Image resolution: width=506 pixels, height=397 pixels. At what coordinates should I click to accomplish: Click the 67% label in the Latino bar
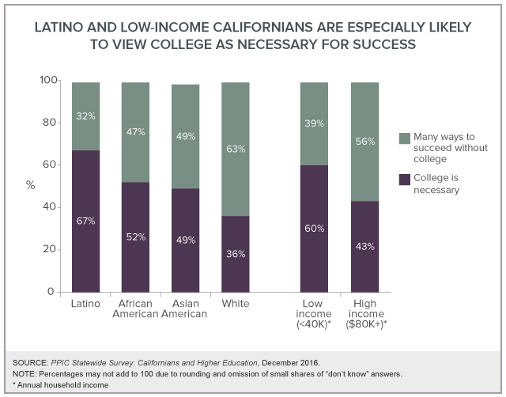point(85,221)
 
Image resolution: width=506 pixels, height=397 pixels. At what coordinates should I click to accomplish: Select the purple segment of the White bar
point(235,269)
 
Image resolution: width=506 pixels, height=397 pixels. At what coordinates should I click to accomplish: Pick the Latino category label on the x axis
point(85,303)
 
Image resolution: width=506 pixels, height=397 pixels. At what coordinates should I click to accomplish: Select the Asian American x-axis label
point(185,308)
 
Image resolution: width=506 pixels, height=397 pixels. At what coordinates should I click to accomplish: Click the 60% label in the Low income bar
point(314,229)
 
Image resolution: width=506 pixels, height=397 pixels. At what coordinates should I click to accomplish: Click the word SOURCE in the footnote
point(30,361)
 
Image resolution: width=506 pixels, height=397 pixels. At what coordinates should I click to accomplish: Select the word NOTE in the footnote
point(25,373)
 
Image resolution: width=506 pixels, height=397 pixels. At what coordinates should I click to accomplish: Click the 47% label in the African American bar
point(135,132)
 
